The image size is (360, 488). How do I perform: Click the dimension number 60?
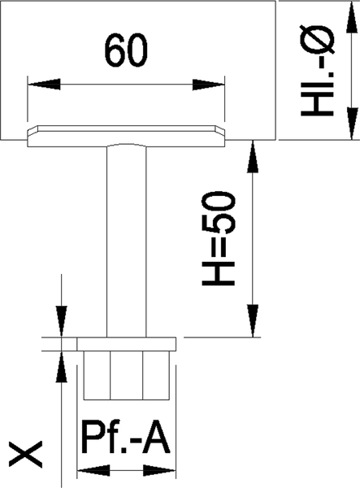[x=126, y=50]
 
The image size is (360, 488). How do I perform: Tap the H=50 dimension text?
[x=219, y=238]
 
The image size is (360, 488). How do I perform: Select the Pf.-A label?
[x=126, y=438]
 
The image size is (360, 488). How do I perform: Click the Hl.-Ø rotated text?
[x=318, y=71]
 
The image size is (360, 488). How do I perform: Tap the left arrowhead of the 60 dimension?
[x=44, y=84]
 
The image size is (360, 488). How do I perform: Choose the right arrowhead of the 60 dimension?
[x=208, y=84]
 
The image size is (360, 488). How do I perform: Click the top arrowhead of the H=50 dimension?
[x=253, y=156]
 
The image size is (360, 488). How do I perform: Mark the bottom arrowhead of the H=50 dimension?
[x=253, y=321]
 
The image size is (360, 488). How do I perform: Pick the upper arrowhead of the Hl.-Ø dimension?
[x=352, y=16]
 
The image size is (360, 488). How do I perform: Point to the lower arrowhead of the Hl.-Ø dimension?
[x=352, y=124]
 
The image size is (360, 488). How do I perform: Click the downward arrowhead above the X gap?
[x=61, y=321]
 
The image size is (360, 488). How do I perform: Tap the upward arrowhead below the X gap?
[x=61, y=367]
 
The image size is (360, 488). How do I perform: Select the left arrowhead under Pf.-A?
[x=93, y=471]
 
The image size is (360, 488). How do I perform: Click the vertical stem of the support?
[x=126, y=242]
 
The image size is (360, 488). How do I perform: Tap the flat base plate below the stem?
[x=127, y=344]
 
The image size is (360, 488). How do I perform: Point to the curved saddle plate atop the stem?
[x=126, y=136]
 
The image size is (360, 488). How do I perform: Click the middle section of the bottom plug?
[x=127, y=375]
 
